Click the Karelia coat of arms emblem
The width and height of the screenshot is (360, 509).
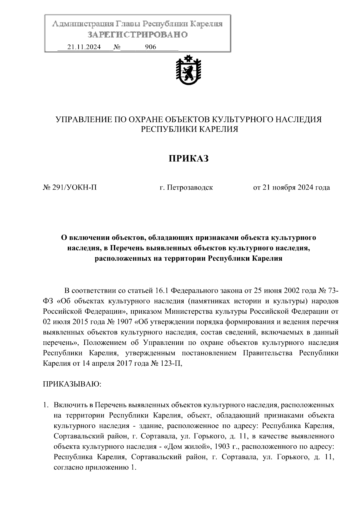[188, 70]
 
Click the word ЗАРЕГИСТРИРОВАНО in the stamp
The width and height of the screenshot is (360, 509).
[138, 35]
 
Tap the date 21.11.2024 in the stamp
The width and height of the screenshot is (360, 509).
[84, 47]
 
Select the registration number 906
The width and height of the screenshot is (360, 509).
[150, 47]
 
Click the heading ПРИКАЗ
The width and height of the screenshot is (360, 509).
[188, 158]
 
